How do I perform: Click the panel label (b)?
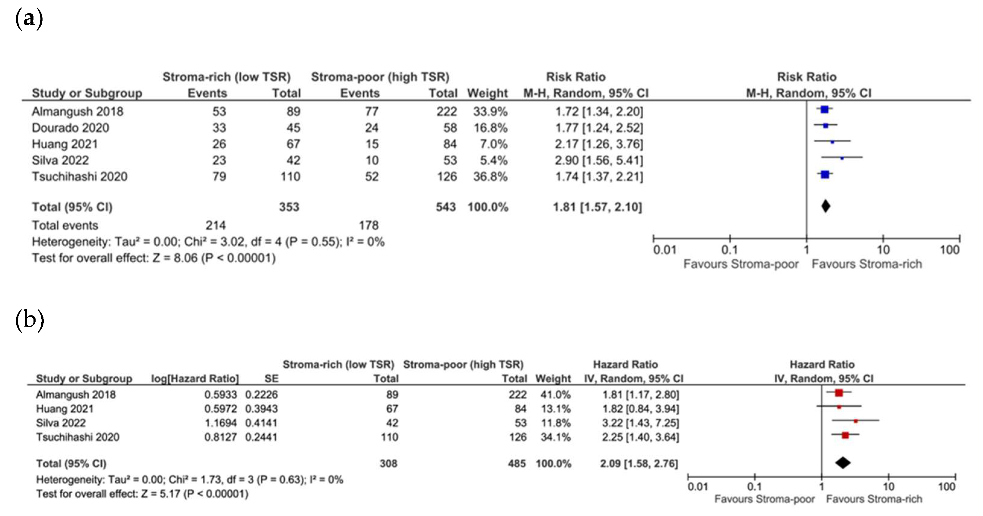click(x=29, y=320)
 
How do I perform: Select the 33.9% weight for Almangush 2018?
click(x=490, y=112)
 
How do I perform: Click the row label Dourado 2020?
click(x=70, y=128)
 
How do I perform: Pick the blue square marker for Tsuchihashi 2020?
click(x=825, y=174)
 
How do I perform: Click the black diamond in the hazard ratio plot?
click(x=843, y=463)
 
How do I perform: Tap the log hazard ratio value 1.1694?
click(x=220, y=423)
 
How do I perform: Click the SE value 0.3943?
click(x=262, y=409)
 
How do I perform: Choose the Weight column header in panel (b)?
click(x=553, y=378)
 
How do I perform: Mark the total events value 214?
click(x=216, y=225)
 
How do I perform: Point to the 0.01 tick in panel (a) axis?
click(x=664, y=250)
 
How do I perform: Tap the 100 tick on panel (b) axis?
click(x=947, y=487)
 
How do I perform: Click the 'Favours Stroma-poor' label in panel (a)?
click(x=741, y=264)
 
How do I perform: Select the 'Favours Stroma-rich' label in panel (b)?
click(x=874, y=499)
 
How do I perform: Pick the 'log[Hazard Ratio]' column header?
click(x=195, y=378)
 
